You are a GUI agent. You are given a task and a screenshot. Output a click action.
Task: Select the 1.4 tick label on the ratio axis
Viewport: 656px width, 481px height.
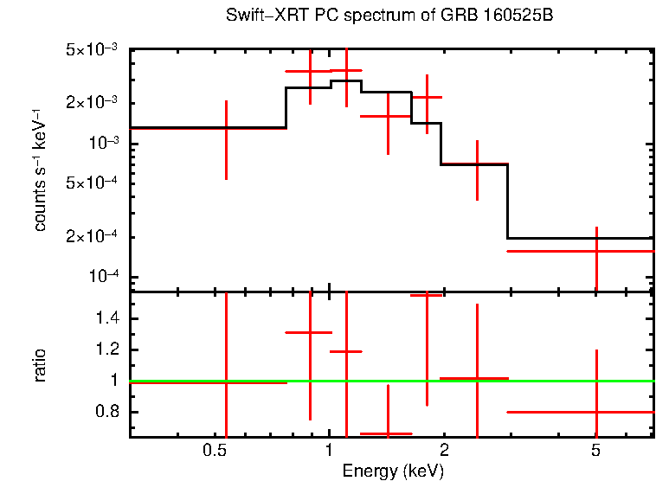[x=109, y=319]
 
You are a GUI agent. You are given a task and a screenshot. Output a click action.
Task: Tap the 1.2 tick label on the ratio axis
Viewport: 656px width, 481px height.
[x=109, y=350]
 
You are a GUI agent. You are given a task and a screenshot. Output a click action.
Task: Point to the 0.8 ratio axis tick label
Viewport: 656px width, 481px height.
[x=109, y=412]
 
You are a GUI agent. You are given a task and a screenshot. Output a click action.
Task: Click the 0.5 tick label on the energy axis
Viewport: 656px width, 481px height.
[x=214, y=451]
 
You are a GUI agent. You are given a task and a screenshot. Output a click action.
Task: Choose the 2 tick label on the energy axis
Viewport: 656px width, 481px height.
[x=444, y=451]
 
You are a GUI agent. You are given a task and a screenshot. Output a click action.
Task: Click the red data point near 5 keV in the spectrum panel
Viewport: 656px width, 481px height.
[x=596, y=251]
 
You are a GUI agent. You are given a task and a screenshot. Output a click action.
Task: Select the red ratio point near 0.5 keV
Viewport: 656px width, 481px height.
[x=226, y=382]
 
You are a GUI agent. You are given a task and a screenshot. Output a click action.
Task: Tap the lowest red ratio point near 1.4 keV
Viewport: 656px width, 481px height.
[x=387, y=433]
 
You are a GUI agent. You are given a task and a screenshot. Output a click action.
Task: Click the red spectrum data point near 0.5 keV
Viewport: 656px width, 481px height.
[x=226, y=127]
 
